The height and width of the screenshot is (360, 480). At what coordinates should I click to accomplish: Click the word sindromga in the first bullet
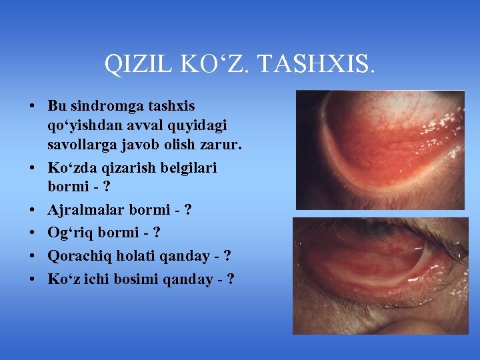click(104, 106)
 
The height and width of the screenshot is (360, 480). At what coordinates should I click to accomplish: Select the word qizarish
click(123, 167)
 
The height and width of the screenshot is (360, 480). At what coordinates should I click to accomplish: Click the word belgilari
click(189, 167)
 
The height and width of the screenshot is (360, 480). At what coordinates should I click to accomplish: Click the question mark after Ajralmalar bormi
click(188, 211)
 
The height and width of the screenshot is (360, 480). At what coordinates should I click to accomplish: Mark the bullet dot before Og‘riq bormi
click(32, 233)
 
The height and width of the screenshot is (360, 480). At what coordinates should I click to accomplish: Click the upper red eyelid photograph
click(380, 150)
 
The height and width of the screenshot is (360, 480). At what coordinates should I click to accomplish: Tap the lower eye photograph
click(380, 275)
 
